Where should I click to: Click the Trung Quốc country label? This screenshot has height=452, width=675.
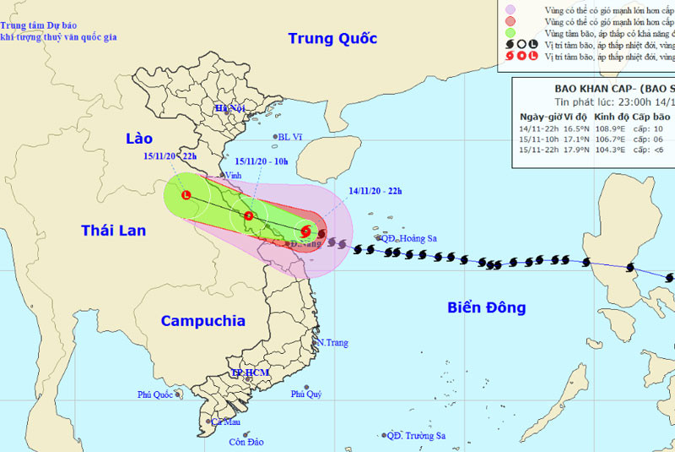click(x=332, y=39)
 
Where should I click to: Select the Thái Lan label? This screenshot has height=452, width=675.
click(x=113, y=230)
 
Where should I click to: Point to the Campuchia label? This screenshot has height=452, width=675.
click(x=202, y=321)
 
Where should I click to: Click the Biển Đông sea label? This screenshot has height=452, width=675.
click(x=486, y=308)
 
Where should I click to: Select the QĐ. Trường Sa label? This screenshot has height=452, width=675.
click(x=416, y=436)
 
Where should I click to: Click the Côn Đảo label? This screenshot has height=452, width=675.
click(x=246, y=442)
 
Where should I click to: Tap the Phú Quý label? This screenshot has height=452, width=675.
click(x=306, y=394)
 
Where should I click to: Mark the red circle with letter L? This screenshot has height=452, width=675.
click(x=186, y=196)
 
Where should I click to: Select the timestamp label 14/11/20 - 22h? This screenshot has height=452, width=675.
click(x=375, y=191)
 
